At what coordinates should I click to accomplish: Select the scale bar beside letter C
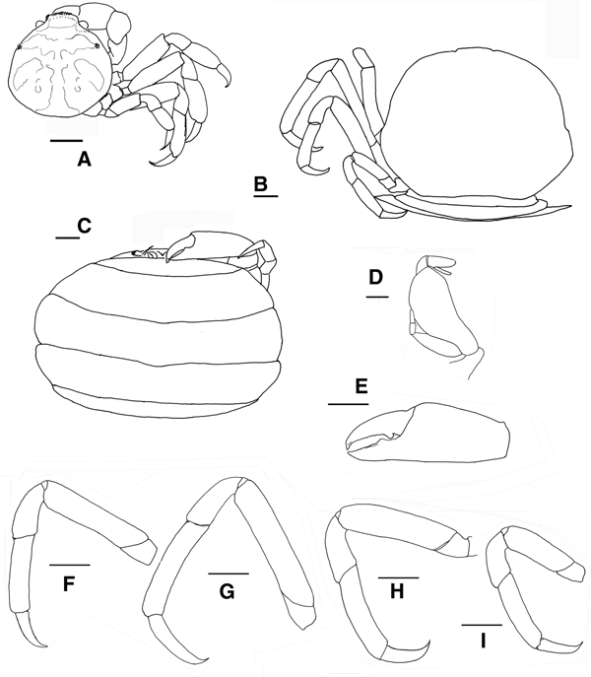click(66, 237)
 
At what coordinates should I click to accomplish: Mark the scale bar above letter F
click(69, 565)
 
